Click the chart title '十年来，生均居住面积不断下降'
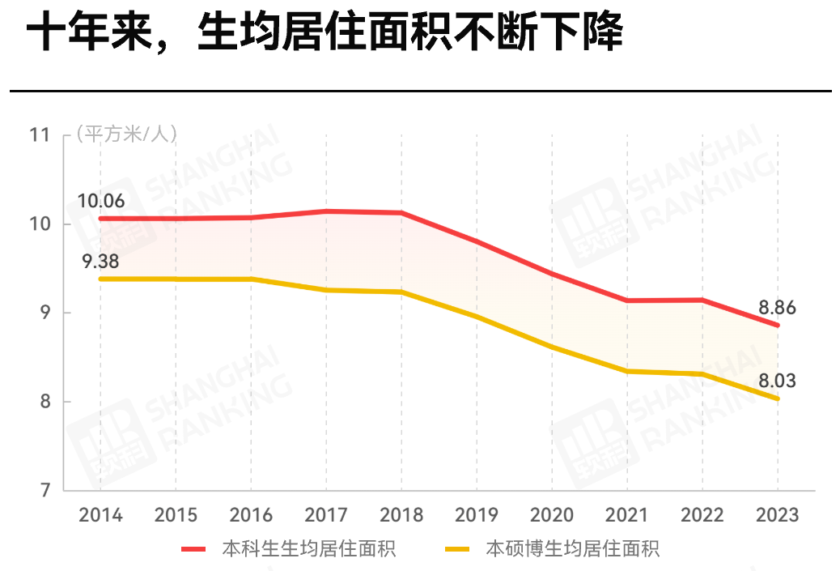click(324, 34)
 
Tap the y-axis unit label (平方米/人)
click(126, 134)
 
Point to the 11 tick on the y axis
click(40, 134)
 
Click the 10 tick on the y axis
click(40, 224)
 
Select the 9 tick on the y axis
click(45, 313)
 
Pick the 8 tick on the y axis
click(45, 402)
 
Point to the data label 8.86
click(778, 308)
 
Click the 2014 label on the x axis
click(100, 515)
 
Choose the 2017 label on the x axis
click(326, 515)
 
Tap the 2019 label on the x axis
click(477, 515)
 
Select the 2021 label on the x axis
click(627, 515)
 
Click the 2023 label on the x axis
click(777, 515)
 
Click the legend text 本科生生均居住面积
click(308, 549)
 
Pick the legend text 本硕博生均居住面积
click(572, 549)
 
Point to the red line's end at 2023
click(778, 326)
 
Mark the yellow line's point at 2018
click(401, 292)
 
